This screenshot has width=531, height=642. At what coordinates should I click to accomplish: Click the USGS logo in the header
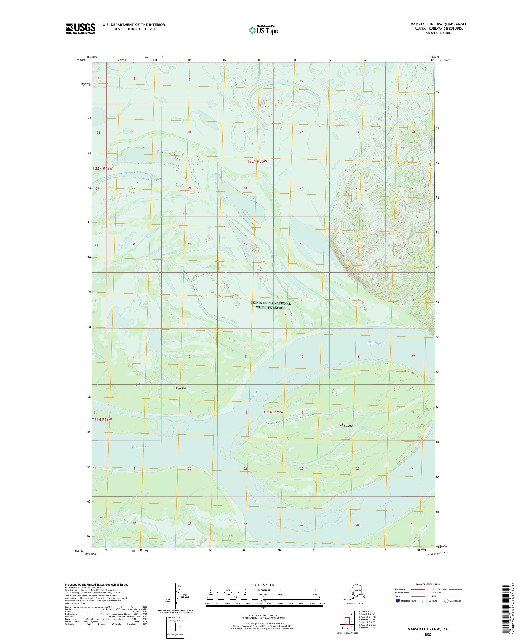pyautogui.click(x=80, y=29)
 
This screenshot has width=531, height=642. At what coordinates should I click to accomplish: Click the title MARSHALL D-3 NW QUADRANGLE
pyautogui.click(x=438, y=24)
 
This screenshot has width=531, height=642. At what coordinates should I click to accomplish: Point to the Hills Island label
pyautogui.click(x=346, y=426)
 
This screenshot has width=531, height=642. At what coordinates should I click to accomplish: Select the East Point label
pyautogui.click(x=182, y=388)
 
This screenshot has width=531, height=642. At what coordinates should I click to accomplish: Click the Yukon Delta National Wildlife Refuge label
pyautogui.click(x=271, y=305)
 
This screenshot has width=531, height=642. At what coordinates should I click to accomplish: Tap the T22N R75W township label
pyautogui.click(x=257, y=161)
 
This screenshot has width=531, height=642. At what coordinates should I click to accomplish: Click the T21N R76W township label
pyautogui.click(x=102, y=420)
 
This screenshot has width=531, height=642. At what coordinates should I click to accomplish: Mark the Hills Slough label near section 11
pyautogui.click(x=375, y=343)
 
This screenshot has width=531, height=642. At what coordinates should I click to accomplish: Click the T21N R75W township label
pyautogui.click(x=274, y=412)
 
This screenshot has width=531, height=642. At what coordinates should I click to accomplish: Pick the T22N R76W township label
pyautogui.click(x=103, y=169)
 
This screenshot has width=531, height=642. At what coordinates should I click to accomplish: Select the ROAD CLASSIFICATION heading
pyautogui.click(x=428, y=584)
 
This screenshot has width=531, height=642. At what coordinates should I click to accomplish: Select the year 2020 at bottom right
pyautogui.click(x=428, y=634)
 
